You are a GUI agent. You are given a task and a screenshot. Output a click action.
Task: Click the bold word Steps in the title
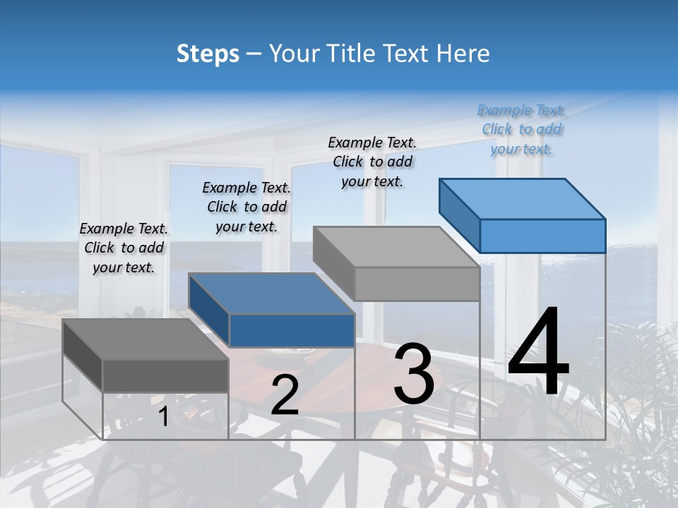208,54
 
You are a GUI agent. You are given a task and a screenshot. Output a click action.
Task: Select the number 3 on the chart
413,373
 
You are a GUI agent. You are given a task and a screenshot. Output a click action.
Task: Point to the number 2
285,395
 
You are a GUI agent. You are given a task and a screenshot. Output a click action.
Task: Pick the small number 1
163,417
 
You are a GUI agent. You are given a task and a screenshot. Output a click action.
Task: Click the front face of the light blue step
542,236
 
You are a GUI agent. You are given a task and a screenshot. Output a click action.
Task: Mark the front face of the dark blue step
292,331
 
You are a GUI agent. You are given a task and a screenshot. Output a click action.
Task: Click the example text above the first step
124,248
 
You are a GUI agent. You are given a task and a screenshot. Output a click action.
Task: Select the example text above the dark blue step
246,207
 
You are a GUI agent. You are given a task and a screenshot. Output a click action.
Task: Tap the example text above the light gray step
372,162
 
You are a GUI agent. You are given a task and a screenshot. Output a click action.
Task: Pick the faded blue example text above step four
522,129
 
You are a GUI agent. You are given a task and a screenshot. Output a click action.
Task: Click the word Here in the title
463,54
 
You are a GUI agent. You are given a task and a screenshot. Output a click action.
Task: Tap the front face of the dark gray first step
165,376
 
